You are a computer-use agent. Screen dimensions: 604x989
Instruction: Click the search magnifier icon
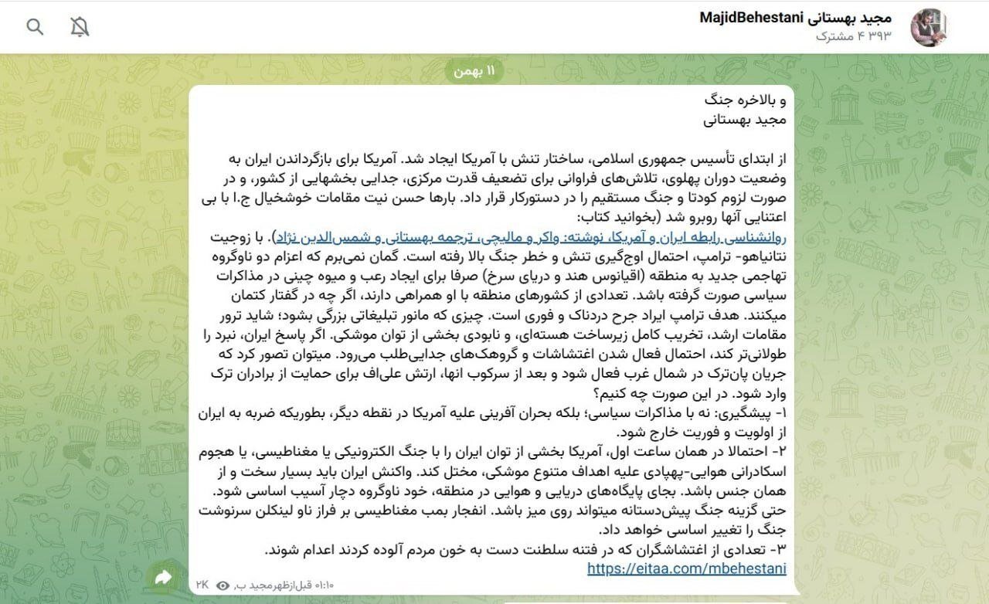[x=35, y=28]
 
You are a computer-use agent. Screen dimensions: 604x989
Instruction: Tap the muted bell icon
[x=80, y=28]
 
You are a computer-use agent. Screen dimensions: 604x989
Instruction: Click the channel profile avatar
[x=930, y=28]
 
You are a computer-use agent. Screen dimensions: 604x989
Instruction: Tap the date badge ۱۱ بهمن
[x=474, y=71]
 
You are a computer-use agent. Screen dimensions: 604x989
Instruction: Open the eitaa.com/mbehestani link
[x=686, y=568]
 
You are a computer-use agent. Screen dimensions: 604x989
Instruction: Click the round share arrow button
[x=164, y=577]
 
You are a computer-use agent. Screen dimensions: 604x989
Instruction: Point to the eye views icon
[x=223, y=585]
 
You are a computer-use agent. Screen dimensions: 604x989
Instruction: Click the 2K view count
[x=203, y=585]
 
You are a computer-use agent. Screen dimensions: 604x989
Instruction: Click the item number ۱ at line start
[x=780, y=412]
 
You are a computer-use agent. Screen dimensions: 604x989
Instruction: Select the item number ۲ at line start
[x=780, y=451]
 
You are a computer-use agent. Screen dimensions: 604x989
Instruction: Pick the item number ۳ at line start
[x=780, y=550]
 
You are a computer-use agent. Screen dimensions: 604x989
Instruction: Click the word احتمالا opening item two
[x=743, y=451]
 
